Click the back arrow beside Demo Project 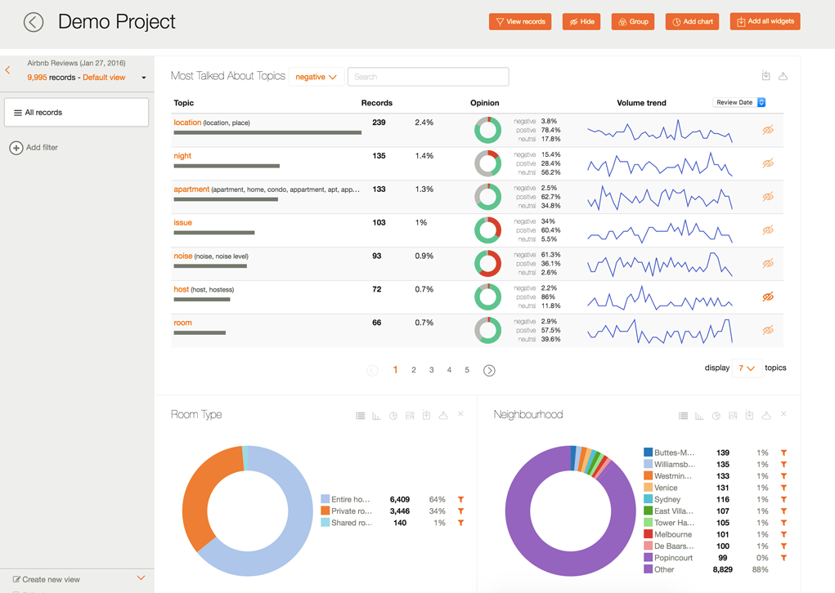[34, 22]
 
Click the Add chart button [693, 22]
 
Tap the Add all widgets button [765, 21]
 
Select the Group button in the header [633, 22]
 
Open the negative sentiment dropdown [316, 77]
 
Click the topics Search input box [428, 77]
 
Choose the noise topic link [182, 256]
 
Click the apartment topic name [191, 189]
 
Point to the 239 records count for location [379, 123]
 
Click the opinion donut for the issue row [488, 230]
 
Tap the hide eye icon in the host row [768, 296]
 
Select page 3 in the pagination [432, 370]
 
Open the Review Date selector [739, 103]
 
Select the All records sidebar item [76, 113]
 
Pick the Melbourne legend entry [672, 534]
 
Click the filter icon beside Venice [783, 488]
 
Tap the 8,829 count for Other [722, 569]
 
